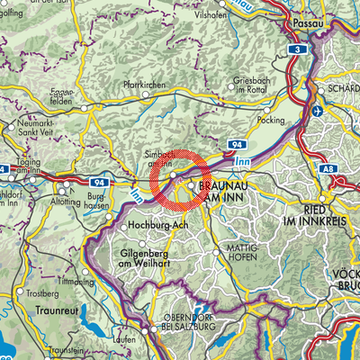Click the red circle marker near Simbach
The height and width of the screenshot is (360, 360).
coord(180,179)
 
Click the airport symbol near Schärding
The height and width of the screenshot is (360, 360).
coord(322,110)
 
